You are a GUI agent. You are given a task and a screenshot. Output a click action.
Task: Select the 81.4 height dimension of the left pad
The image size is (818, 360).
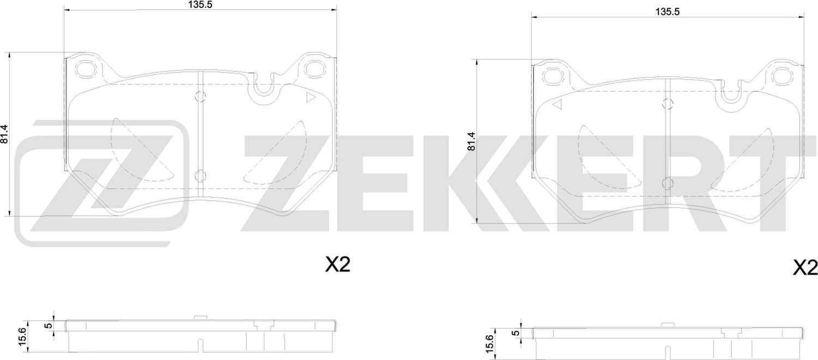[x=5, y=134]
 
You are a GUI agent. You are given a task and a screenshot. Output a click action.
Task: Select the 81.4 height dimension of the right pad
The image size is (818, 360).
[x=472, y=141]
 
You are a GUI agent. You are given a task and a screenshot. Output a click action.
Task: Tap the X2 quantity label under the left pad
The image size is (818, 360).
[x=336, y=266]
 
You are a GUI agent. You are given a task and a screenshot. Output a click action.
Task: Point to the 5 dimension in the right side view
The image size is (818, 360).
[x=514, y=333]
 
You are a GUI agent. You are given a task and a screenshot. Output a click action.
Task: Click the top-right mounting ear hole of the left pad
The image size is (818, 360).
[x=314, y=69]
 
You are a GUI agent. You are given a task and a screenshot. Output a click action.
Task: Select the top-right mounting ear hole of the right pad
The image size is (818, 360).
[x=782, y=77]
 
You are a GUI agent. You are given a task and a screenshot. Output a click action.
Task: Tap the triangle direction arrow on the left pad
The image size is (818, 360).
[x=311, y=98]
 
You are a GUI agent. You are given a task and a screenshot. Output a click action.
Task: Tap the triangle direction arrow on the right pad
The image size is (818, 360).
[x=557, y=106]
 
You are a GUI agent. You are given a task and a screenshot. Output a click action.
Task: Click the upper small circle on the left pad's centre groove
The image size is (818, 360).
[x=200, y=97]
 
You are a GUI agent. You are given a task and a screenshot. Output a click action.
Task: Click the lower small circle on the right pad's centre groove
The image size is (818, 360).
[x=666, y=184]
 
